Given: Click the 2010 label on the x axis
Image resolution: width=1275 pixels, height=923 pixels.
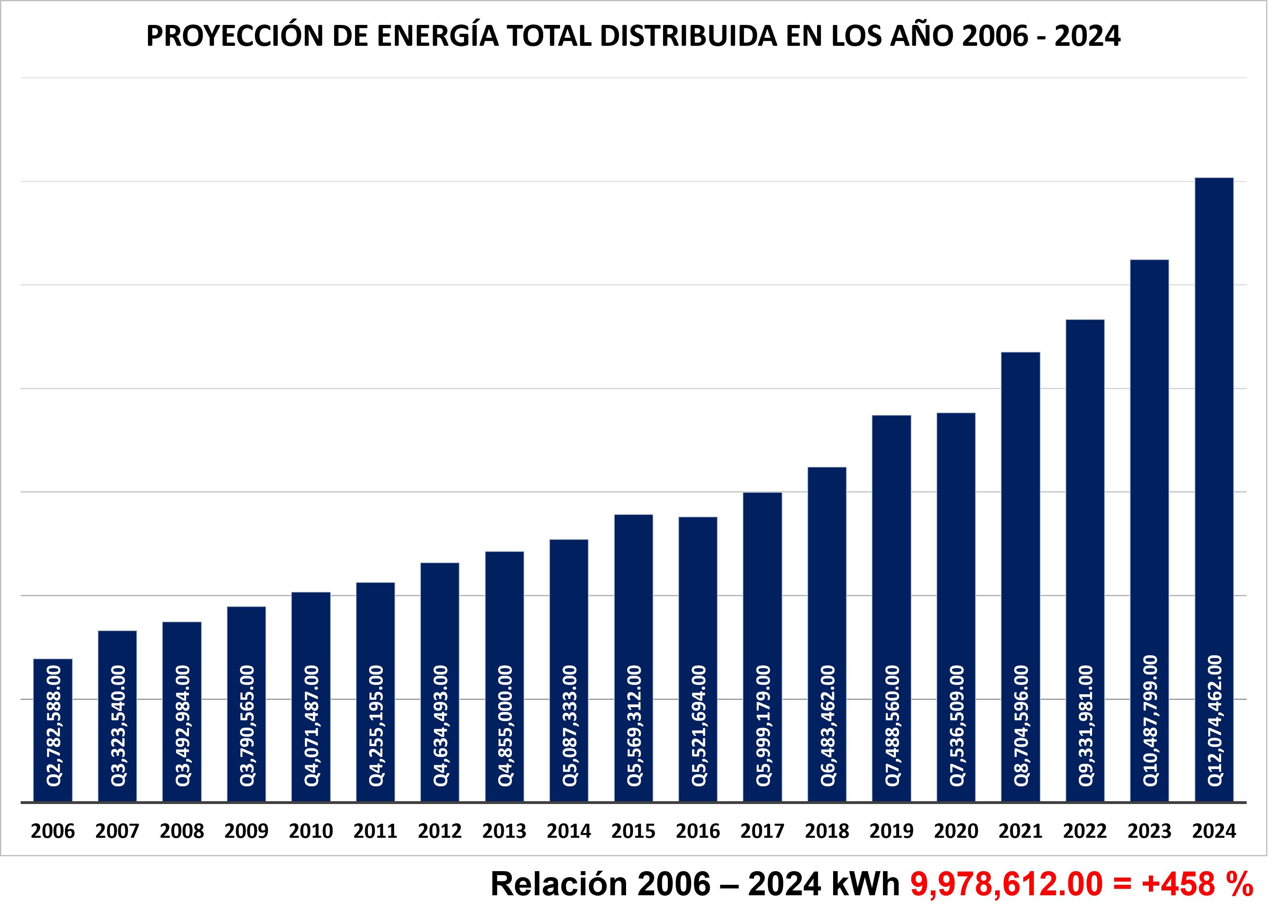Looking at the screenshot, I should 311,831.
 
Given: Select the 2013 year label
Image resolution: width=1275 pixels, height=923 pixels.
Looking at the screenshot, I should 504,831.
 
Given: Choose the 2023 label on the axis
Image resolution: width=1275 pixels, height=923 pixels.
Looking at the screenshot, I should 1149,831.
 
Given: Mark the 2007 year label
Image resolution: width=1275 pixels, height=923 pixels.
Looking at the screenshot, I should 117,831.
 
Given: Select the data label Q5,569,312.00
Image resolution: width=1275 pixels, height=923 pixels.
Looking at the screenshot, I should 634,726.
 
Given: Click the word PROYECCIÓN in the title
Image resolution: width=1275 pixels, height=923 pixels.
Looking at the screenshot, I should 236,36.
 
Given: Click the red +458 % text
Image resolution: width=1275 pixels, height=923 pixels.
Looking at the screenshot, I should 1197,884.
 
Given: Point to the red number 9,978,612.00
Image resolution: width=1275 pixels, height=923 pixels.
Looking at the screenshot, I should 1006,884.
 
